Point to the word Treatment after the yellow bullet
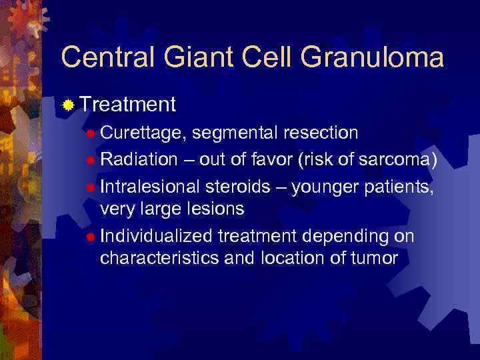tap(127, 104)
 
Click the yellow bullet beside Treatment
tap(68, 105)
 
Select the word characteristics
tap(159, 259)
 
